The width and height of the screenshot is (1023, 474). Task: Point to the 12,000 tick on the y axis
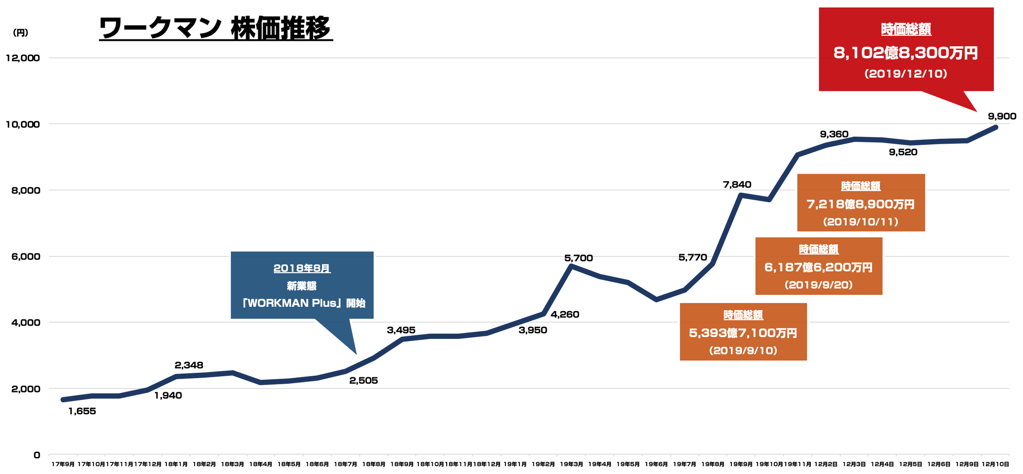point(23,58)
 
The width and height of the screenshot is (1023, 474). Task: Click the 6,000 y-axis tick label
point(25,256)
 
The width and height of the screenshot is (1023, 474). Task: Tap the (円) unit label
point(21,33)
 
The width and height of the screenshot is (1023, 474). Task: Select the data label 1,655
point(82,412)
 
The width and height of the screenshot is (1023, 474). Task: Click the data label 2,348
point(189,365)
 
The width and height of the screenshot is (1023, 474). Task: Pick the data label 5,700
point(578,258)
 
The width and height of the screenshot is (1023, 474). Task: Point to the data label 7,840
point(737,185)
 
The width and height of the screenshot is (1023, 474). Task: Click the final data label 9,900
point(1002,117)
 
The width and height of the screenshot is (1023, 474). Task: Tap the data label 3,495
point(401,331)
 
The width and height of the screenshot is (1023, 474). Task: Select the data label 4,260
point(565,315)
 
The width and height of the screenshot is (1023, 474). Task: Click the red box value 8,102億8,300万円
point(906,53)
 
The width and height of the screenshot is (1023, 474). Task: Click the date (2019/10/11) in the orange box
point(861,222)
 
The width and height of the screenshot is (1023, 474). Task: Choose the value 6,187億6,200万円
point(819,268)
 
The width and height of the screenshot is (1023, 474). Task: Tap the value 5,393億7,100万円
point(743,333)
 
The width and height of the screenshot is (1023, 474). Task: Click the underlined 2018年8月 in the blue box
point(302,268)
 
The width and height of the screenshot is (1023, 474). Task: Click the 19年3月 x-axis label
point(571,464)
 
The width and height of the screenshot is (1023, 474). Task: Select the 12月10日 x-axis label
point(996,464)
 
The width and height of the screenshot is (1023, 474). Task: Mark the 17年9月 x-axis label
point(63,464)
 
